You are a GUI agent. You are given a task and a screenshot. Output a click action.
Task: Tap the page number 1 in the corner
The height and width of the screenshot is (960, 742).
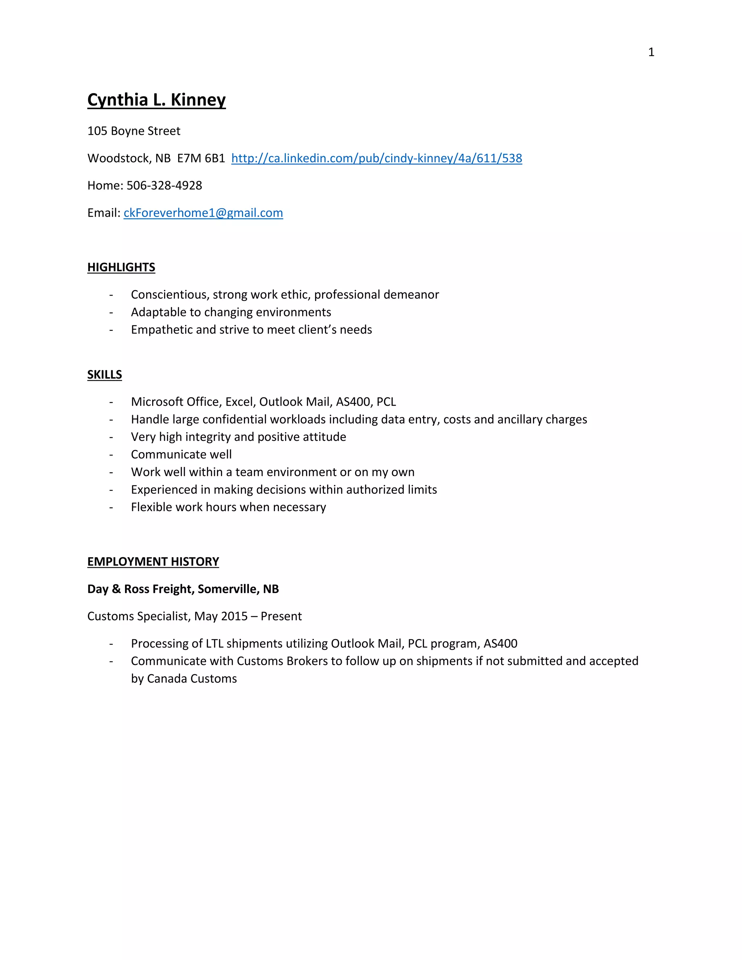pyautogui.click(x=651, y=52)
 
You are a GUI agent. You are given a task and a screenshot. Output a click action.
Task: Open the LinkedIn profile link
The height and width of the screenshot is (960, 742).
pyautogui.click(x=376, y=158)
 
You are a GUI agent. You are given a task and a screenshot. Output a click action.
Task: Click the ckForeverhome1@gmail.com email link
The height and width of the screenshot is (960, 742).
pyautogui.click(x=203, y=213)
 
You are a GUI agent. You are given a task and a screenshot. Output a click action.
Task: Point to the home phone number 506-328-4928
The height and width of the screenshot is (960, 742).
pyautogui.click(x=164, y=185)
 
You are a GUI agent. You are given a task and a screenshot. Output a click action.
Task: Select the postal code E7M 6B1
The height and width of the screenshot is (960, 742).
pyautogui.click(x=201, y=158)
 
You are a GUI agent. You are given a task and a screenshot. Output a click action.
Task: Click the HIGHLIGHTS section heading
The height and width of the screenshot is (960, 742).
pyautogui.click(x=121, y=267)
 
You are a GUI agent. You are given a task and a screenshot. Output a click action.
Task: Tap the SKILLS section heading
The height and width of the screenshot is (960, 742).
pyautogui.click(x=105, y=375)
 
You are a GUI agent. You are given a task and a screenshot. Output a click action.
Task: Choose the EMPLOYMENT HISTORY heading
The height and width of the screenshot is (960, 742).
pyautogui.click(x=153, y=562)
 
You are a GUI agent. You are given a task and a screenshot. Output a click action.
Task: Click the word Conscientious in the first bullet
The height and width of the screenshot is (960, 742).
pyautogui.click(x=167, y=295)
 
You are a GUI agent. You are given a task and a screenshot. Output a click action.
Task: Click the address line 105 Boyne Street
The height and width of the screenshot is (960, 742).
pyautogui.click(x=134, y=131)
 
